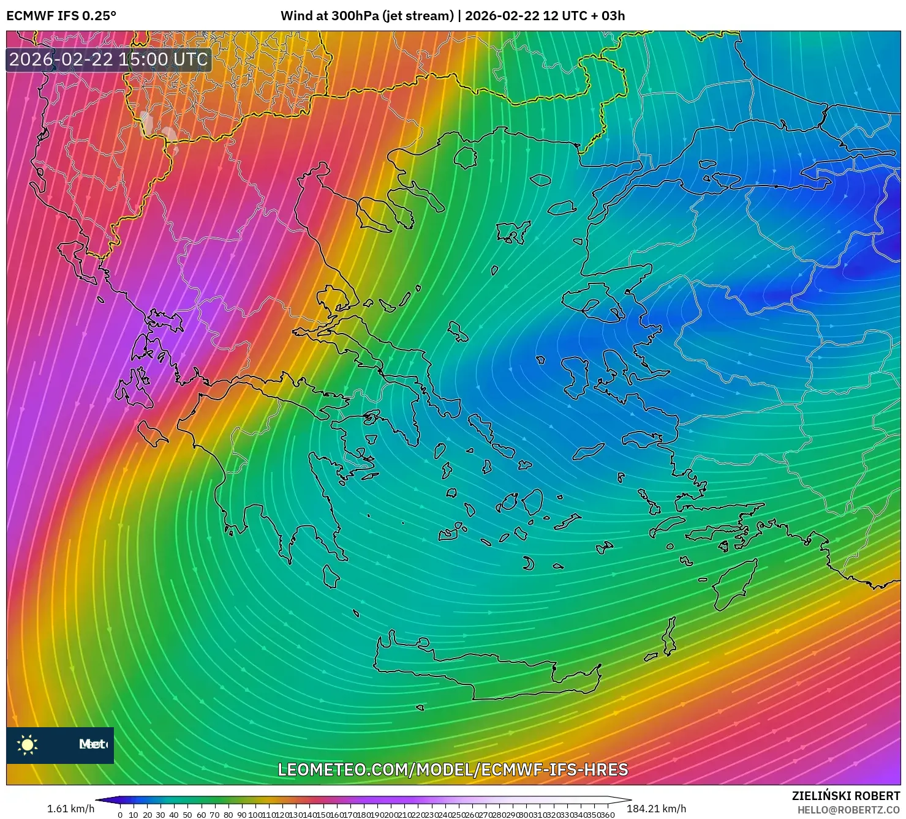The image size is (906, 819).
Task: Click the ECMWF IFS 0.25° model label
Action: (x=61, y=16)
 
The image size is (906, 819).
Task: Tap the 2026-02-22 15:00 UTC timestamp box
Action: (x=109, y=59)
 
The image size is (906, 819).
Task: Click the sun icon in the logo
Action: (x=28, y=744)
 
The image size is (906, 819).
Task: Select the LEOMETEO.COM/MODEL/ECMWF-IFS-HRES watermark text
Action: (x=453, y=769)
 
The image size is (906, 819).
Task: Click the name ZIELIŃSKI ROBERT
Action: (x=846, y=796)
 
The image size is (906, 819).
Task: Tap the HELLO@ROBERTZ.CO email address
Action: (x=848, y=810)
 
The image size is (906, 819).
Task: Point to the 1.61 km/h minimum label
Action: (x=70, y=809)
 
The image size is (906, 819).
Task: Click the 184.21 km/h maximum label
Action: (x=656, y=809)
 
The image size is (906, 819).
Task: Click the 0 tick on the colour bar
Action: (x=120, y=814)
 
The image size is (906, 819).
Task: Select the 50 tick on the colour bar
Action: (x=187, y=814)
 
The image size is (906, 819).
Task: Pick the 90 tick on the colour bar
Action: (x=241, y=814)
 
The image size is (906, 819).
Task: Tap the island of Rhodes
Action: (x=733, y=585)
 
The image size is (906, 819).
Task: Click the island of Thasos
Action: (x=466, y=157)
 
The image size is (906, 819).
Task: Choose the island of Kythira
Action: (x=331, y=576)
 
